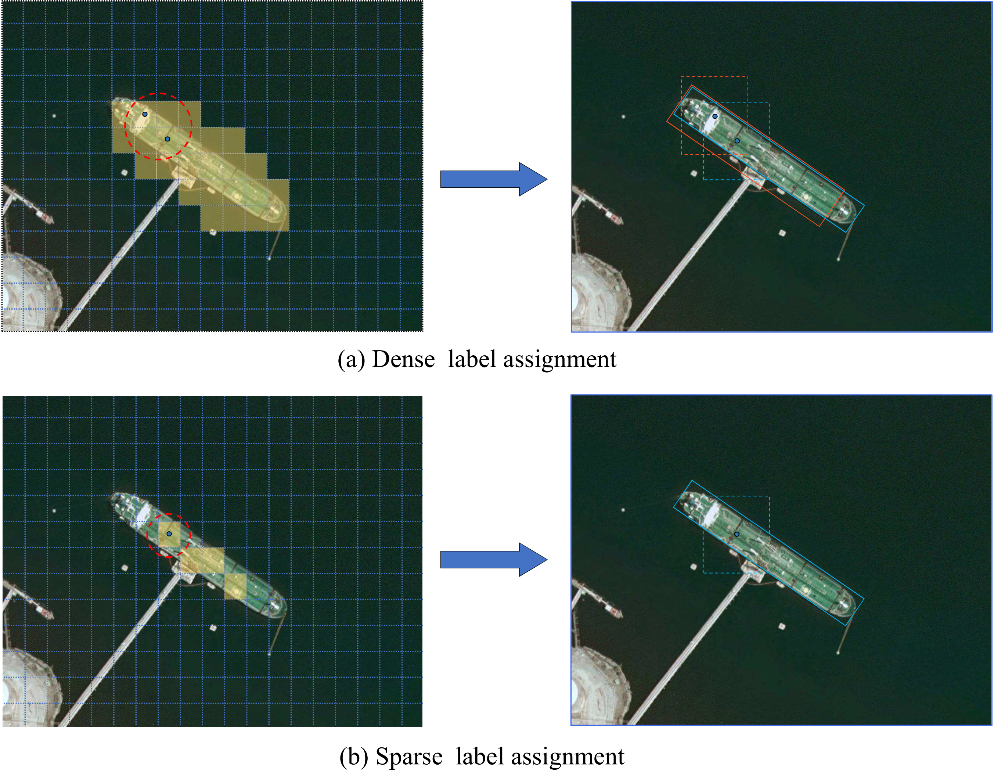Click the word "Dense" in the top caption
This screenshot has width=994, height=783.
[403, 359]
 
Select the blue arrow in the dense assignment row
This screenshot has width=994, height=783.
[494, 179]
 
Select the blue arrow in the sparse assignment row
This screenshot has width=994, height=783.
[494, 559]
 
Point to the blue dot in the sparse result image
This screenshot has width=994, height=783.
[737, 534]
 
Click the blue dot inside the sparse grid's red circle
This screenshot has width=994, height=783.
[169, 534]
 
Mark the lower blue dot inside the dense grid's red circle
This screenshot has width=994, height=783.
[168, 139]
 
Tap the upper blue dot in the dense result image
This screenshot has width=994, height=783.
[715, 116]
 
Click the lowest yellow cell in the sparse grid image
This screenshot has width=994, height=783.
[235, 586]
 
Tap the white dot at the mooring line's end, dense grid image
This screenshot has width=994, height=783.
[269, 259]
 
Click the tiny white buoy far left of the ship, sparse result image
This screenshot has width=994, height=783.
[623, 510]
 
